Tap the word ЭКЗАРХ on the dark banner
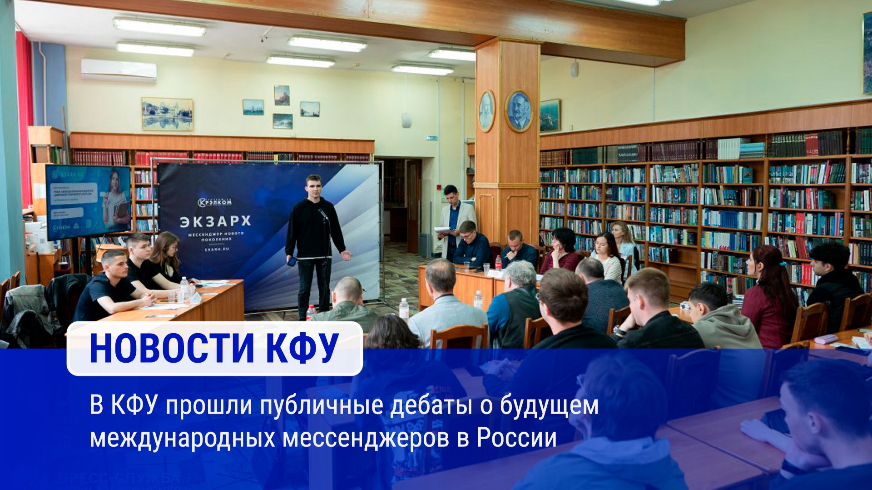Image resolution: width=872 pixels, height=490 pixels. (215, 221)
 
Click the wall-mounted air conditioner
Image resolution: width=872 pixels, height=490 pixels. (119, 70)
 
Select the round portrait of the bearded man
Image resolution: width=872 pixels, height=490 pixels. (486, 111)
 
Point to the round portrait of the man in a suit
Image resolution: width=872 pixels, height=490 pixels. (519, 111)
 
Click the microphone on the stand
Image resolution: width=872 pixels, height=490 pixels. (323, 214)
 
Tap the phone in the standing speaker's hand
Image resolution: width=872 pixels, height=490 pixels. (292, 261)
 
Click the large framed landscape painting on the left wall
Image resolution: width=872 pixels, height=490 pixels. (167, 114)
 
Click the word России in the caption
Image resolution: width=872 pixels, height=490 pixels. (516, 438)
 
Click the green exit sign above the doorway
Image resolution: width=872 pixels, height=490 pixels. (431, 138)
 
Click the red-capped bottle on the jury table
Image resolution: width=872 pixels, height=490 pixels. (498, 262)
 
